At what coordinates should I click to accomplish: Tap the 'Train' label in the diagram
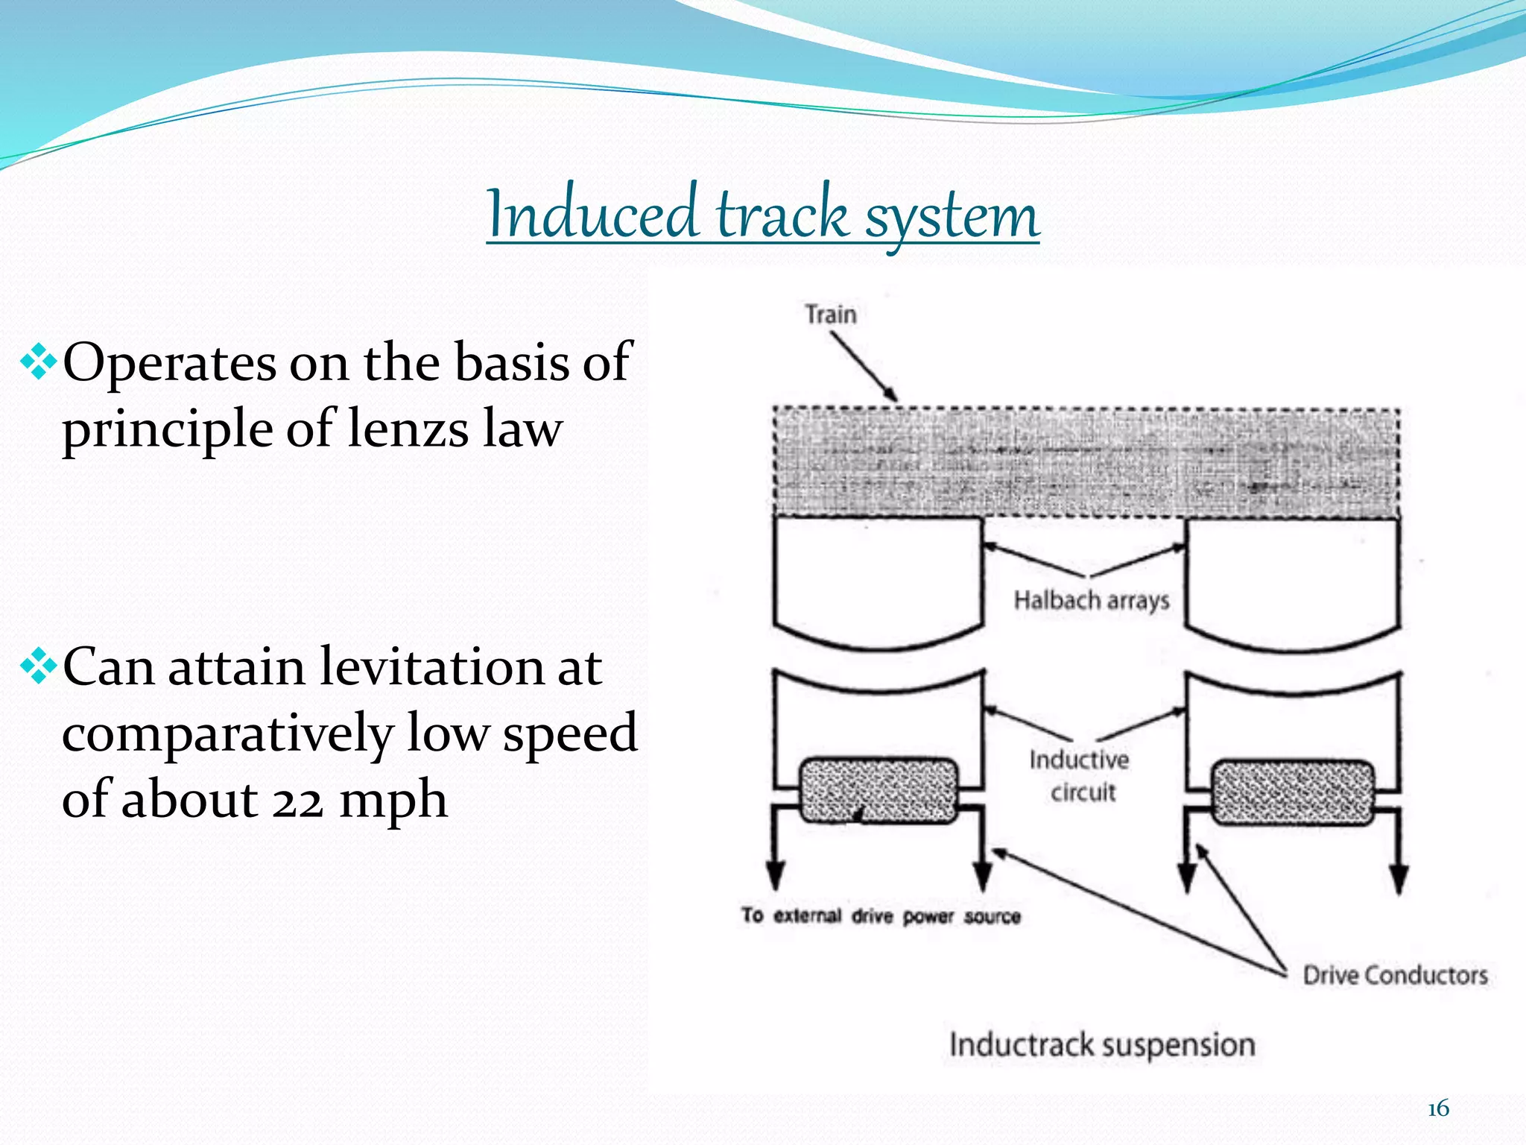pyautogui.click(x=831, y=314)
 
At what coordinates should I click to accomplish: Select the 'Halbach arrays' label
pyautogui.click(x=1092, y=600)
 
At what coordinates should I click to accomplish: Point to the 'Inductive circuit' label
pyautogui.click(x=1080, y=775)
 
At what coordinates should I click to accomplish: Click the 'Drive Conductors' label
pyautogui.click(x=1395, y=975)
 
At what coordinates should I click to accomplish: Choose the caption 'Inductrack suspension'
pyautogui.click(x=1102, y=1045)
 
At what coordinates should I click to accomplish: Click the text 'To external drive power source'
pyautogui.click(x=881, y=915)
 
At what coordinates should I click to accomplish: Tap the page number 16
pyautogui.click(x=1438, y=1108)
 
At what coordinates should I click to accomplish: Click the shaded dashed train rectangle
pyautogui.click(x=1086, y=462)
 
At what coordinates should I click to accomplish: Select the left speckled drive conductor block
pyautogui.click(x=878, y=791)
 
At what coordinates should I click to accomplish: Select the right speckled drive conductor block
pyautogui.click(x=1293, y=792)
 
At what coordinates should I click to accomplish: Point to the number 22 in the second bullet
pyautogui.click(x=297, y=801)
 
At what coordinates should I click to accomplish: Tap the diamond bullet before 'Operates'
pyautogui.click(x=39, y=363)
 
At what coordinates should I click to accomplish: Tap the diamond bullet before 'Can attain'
pyautogui.click(x=39, y=667)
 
